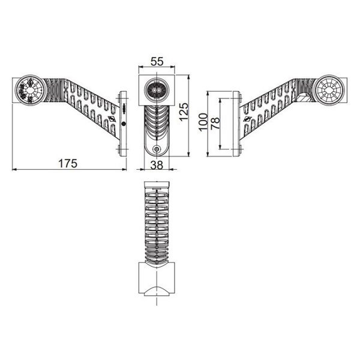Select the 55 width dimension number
coord(157,61)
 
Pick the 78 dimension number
coord(215,123)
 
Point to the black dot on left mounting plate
coord(124,123)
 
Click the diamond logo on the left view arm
coord(113,120)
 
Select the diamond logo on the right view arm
coord(247,121)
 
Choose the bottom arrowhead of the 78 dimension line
coord(221,147)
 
